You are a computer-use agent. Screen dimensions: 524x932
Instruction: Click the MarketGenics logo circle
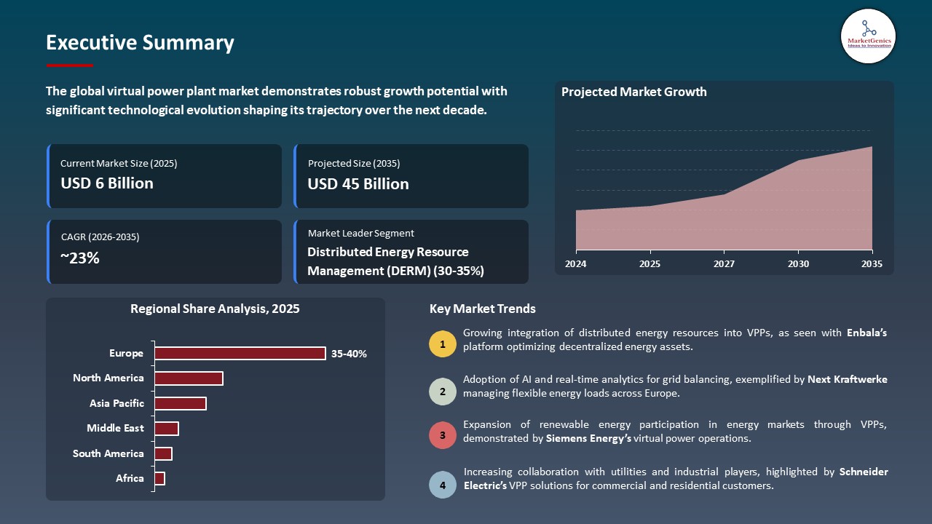[x=868, y=36]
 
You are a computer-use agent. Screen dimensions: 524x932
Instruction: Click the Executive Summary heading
[x=140, y=43]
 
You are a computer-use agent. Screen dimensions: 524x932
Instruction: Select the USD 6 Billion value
[x=107, y=183]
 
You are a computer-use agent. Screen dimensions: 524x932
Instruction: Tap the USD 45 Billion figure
[x=358, y=184]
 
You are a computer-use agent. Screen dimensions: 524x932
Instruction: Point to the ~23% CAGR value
[x=80, y=258]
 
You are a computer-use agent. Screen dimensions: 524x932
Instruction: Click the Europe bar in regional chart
[x=240, y=353]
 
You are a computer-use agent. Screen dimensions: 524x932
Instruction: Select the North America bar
[x=189, y=378]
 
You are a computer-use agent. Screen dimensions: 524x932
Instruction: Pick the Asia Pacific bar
[x=181, y=403]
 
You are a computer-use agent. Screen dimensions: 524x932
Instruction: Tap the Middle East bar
[x=167, y=429]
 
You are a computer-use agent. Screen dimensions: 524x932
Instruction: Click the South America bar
[x=163, y=453]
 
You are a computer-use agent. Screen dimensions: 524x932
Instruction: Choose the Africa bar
[x=160, y=478]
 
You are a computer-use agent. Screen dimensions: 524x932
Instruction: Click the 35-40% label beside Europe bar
[x=349, y=354]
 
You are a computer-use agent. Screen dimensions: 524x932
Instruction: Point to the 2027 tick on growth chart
[x=723, y=264]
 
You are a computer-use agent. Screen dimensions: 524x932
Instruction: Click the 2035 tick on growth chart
[x=872, y=264]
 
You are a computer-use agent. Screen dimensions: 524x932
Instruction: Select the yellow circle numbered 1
[x=443, y=344]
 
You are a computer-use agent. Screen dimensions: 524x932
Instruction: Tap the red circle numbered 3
[x=443, y=436]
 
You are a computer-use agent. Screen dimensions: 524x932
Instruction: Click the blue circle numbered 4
[x=443, y=483]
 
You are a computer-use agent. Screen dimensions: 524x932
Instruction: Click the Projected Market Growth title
[x=633, y=92]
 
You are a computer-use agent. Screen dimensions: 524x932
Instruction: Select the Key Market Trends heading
[x=482, y=309]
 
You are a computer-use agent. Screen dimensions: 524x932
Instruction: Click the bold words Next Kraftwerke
[x=848, y=379]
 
